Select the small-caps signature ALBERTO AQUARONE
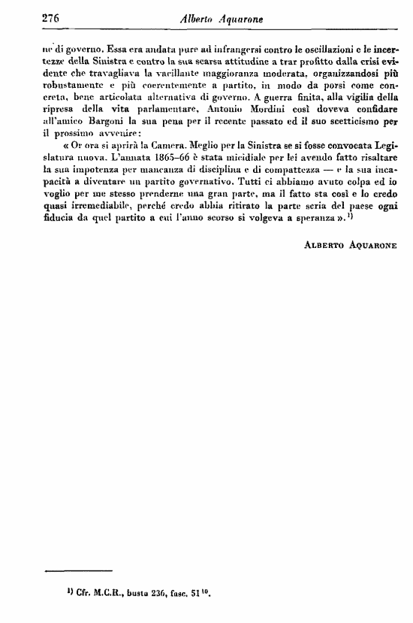(350, 246)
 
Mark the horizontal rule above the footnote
(78, 571)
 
